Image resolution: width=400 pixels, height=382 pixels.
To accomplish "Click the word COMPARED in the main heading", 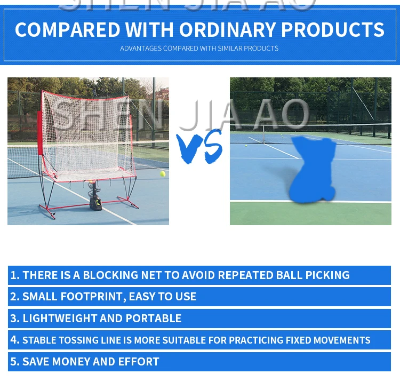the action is coord(68,29).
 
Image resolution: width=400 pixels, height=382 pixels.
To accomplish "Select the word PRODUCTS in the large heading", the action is coord(333,29).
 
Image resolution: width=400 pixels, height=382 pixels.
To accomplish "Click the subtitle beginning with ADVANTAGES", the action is coord(199,49).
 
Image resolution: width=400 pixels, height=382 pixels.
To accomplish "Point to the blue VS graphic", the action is coord(199,147).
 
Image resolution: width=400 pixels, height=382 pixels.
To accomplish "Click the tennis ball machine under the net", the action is coord(95,196).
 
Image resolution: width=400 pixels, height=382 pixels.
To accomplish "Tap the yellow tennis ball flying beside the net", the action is coord(163,174).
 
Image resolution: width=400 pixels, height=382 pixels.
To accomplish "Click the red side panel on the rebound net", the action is coord(40,133).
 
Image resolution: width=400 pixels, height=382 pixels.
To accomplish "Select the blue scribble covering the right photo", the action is coord(313,169).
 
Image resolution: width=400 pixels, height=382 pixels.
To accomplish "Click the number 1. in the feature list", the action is coord(15,275).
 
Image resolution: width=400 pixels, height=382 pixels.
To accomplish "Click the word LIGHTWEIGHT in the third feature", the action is coord(60,319).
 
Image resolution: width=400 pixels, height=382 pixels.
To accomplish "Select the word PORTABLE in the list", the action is coord(153,319).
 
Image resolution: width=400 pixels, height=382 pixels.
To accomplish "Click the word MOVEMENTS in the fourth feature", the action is coord(342,340).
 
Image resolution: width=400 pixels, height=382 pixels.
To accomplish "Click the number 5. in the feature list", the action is coord(15,362).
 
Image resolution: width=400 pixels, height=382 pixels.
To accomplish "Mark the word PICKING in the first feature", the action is coord(327,275).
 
